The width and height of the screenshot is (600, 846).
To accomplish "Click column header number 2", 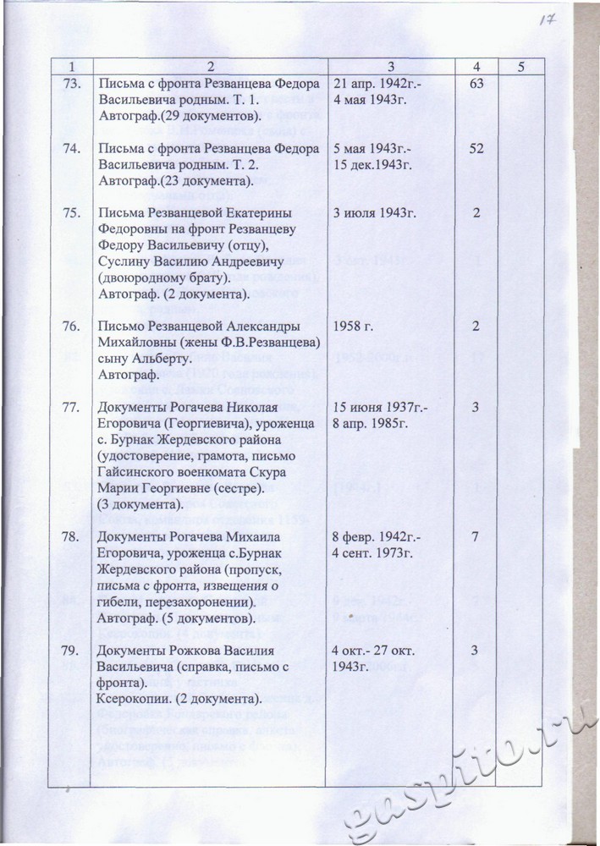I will tap(207, 66).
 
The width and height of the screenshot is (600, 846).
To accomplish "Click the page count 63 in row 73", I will tap(476, 84).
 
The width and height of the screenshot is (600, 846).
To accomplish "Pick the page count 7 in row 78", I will tap(476, 538).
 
